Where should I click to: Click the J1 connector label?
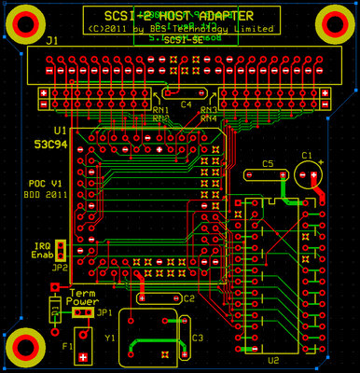point(51,41)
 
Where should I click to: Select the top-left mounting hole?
point(23,21)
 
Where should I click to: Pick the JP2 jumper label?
point(61,267)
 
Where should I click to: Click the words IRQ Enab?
point(43,250)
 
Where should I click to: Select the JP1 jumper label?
point(104,312)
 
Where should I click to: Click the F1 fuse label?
point(67,346)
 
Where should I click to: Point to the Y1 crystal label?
point(111,338)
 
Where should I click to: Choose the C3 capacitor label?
point(197,338)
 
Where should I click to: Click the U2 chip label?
point(273,359)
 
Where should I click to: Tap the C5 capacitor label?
point(268,163)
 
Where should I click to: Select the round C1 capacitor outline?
point(307,175)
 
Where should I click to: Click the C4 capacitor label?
point(186,104)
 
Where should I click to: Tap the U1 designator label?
point(60,131)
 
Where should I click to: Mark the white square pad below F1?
point(84,357)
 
